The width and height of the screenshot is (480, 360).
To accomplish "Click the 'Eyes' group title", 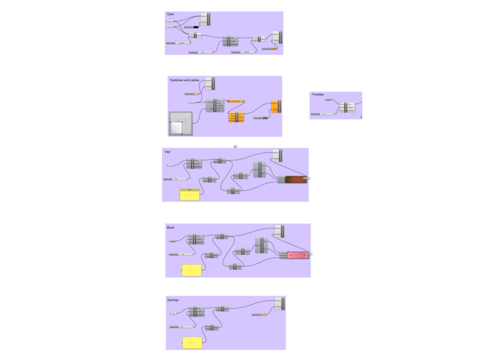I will (170, 14).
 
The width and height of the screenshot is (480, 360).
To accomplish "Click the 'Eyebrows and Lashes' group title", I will (184, 79).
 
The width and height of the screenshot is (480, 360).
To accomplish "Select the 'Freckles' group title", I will (318, 94).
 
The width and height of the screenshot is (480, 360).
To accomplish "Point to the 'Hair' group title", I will (167, 151).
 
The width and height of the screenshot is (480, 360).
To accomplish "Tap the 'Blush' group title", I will (170, 226).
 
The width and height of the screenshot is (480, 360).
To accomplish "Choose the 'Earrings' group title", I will (172, 299).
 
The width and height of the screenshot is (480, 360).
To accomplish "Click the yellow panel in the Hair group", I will (190, 195).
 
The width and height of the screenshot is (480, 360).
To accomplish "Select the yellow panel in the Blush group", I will (192, 269).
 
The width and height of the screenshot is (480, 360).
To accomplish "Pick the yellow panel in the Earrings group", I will (193, 343).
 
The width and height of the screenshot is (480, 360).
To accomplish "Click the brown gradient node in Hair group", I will (295, 179).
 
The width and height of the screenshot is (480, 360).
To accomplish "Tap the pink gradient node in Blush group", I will (298, 255).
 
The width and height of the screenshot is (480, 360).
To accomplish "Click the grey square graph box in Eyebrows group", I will (181, 124).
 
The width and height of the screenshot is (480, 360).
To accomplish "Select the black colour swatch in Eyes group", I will (196, 27).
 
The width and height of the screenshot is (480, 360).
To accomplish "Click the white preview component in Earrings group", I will (280, 303).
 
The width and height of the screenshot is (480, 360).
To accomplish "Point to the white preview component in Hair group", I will (277, 155).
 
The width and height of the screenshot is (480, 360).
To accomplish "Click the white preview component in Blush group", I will (279, 230).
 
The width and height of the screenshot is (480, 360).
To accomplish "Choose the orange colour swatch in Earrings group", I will (263, 315).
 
